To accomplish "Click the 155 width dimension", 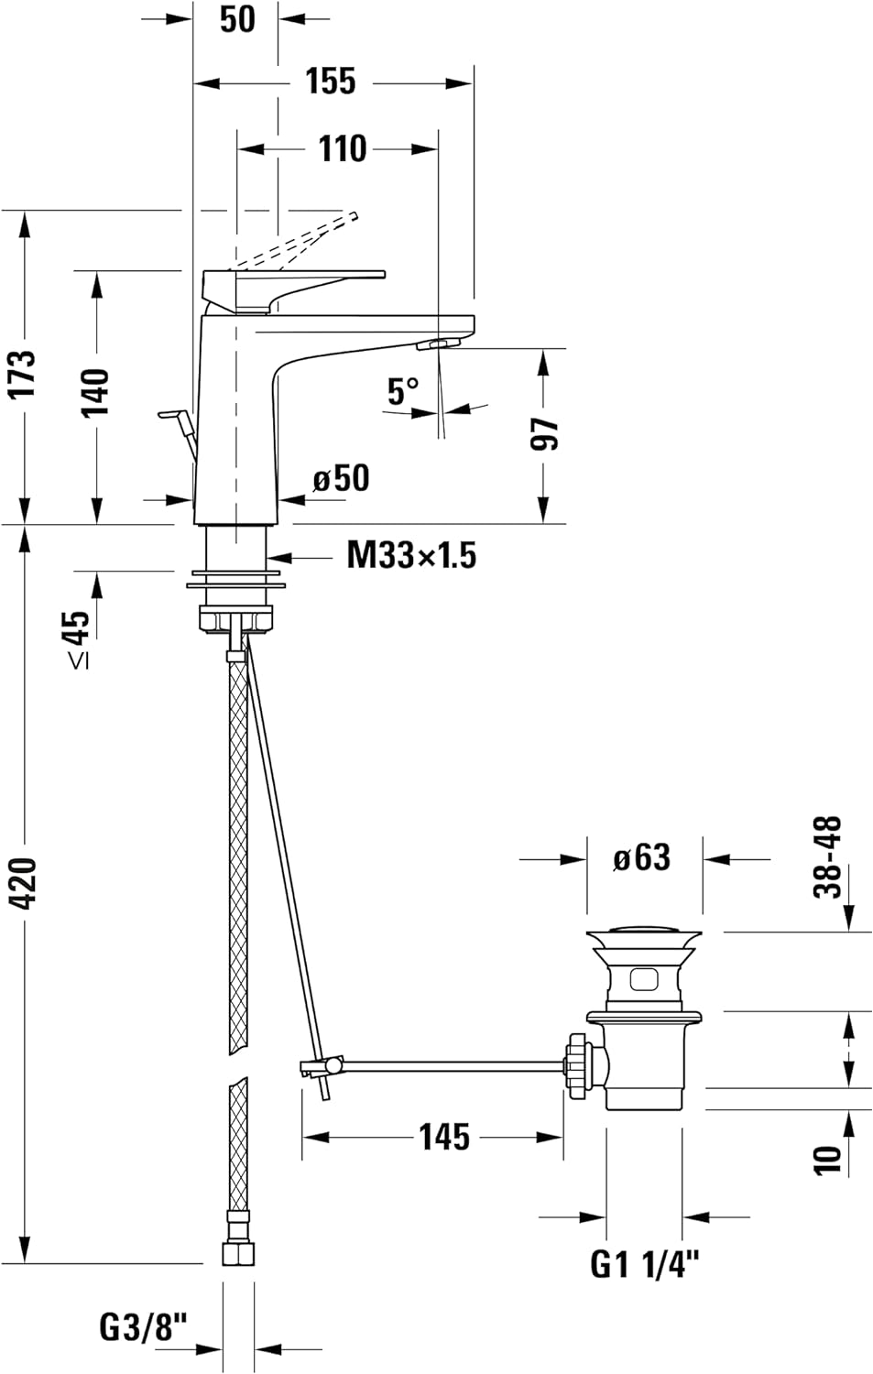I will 330,82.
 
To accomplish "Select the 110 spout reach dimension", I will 342,148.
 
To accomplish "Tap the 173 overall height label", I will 22,373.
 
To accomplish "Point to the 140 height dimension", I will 95,392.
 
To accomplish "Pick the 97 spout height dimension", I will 545,433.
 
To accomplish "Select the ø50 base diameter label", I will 341,478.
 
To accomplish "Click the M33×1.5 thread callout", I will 410,555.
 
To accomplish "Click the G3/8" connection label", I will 143,1326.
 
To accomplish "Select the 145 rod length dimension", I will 444,1137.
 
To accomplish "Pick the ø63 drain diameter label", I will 642,858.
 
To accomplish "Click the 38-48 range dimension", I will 830,857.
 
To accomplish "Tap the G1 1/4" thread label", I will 645,1265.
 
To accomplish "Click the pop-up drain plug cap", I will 644,936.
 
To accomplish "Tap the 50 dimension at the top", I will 237,19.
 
